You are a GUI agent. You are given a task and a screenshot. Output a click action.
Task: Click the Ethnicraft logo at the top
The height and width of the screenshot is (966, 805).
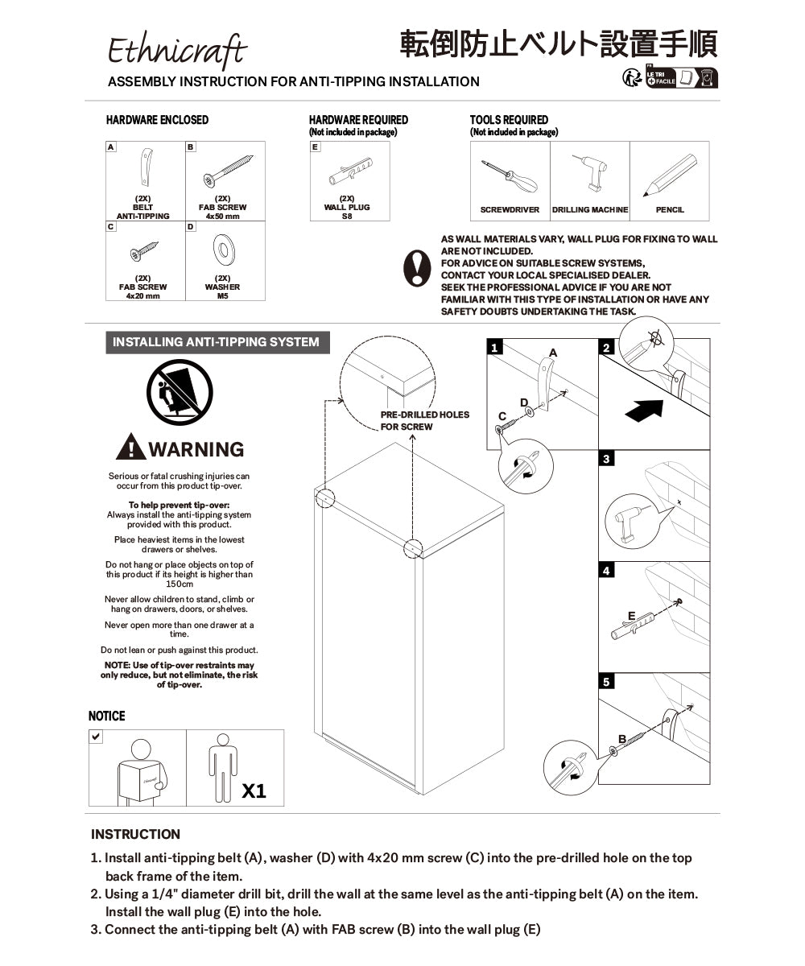click(178, 52)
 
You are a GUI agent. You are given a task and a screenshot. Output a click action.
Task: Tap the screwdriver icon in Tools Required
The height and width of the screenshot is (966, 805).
click(509, 175)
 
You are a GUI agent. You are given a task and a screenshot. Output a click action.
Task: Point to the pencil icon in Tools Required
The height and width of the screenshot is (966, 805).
click(669, 175)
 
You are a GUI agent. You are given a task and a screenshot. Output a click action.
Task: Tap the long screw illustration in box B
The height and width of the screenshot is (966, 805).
click(228, 171)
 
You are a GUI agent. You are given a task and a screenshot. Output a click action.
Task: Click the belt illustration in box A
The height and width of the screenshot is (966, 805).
click(146, 167)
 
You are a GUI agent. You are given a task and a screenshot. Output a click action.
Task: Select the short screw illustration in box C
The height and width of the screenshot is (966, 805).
click(144, 252)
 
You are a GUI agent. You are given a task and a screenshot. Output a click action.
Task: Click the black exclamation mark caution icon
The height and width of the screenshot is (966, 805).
click(417, 267)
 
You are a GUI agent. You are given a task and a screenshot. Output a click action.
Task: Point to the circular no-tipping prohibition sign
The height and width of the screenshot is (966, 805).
click(180, 394)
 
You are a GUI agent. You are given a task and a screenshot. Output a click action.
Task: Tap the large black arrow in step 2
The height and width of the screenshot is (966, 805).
click(645, 409)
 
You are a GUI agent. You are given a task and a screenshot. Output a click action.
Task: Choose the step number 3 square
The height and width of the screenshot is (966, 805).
click(607, 459)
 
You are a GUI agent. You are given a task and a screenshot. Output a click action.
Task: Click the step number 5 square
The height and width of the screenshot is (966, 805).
click(607, 682)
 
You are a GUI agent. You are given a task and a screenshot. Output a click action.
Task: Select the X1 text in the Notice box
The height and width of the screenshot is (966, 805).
click(254, 791)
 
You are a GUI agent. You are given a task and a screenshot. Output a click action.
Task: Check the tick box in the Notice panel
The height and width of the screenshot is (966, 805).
click(96, 737)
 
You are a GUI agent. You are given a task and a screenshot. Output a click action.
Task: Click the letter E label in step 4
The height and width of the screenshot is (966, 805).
click(632, 616)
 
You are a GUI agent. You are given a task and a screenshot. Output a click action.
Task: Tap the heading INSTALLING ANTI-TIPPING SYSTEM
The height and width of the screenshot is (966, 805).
click(216, 342)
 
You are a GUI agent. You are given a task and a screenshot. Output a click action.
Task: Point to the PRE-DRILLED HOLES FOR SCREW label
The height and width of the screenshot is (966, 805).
click(424, 420)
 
